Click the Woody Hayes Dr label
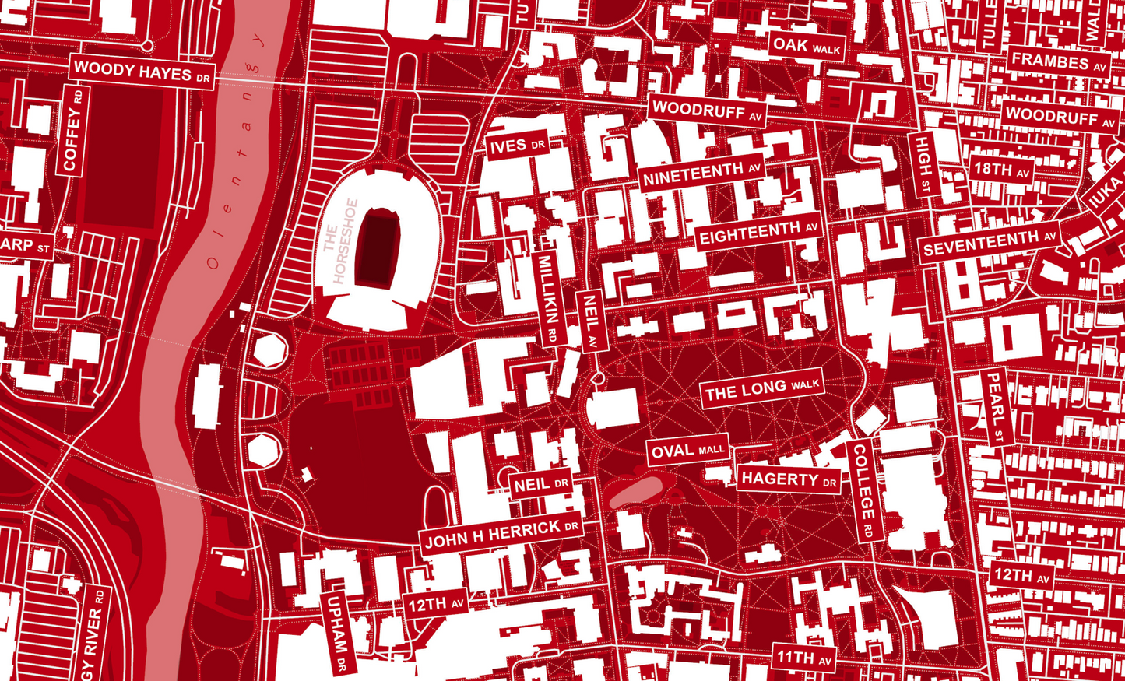pos(142,72)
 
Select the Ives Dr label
pos(518,146)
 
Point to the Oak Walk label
pos(807,46)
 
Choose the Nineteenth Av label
pos(701,174)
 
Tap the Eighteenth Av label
pos(758,232)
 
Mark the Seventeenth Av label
pos(989,244)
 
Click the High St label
pos(923,164)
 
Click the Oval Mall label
pos(687,451)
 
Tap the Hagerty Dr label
pos(789,479)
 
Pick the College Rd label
pos(863,491)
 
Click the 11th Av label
pos(804,658)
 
